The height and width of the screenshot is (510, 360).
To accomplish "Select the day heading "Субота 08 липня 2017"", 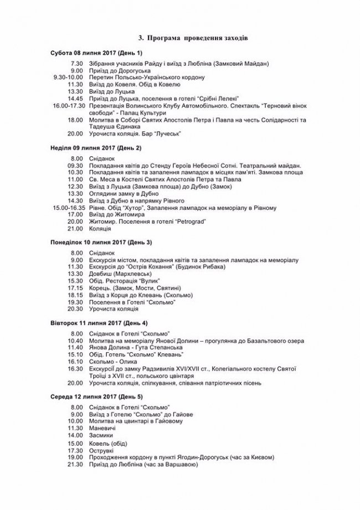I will click(x=96, y=53).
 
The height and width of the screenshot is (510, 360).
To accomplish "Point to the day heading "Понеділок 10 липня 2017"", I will click(x=101, y=243).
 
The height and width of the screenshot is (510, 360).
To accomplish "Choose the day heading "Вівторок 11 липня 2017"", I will click(x=99, y=322).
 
